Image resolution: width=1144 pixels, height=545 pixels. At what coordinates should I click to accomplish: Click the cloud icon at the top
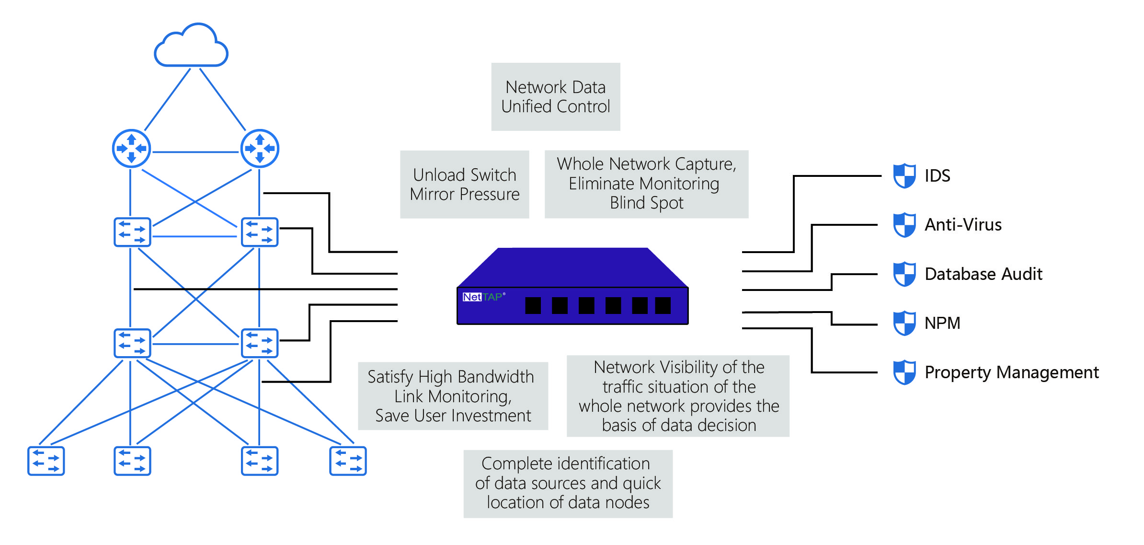pyautogui.click(x=191, y=46)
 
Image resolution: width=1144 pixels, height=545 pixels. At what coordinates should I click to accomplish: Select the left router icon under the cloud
pyautogui.click(x=131, y=149)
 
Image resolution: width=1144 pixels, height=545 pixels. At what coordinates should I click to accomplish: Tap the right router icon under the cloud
pyautogui.click(x=260, y=149)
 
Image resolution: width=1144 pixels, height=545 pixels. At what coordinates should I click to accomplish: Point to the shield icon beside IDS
pyautogui.click(x=904, y=176)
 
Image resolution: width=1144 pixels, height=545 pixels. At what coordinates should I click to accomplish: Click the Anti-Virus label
pyautogui.click(x=963, y=225)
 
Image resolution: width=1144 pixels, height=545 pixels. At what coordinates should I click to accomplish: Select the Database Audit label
pyautogui.click(x=983, y=274)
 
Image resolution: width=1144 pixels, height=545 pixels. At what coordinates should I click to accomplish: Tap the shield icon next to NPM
pyautogui.click(x=904, y=323)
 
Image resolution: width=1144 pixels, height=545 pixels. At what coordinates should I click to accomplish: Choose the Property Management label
pyautogui.click(x=1011, y=372)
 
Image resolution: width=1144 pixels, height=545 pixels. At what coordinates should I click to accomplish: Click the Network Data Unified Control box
pyautogui.click(x=556, y=97)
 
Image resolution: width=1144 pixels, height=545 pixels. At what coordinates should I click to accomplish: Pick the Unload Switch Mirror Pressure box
pyautogui.click(x=465, y=185)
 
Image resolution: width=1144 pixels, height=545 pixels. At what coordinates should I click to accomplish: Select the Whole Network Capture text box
pyautogui.click(x=646, y=184)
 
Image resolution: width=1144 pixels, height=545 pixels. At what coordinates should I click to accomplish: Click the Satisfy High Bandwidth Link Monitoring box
pyautogui.click(x=453, y=396)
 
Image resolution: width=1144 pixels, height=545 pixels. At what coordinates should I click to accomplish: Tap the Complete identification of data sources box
pyautogui.click(x=568, y=484)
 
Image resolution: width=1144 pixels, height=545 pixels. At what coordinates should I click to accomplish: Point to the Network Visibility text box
pyautogui.click(x=678, y=396)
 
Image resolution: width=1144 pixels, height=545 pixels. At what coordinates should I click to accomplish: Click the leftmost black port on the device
pyautogui.click(x=533, y=305)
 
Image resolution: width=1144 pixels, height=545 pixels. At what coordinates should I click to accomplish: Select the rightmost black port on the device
pyautogui.click(x=663, y=305)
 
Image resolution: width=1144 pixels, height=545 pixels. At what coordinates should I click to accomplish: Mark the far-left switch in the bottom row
pyautogui.click(x=46, y=461)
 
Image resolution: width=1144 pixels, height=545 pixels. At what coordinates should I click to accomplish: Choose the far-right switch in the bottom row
pyautogui.click(x=348, y=461)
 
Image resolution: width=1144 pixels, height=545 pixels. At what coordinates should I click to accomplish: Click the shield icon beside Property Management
pyautogui.click(x=904, y=372)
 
